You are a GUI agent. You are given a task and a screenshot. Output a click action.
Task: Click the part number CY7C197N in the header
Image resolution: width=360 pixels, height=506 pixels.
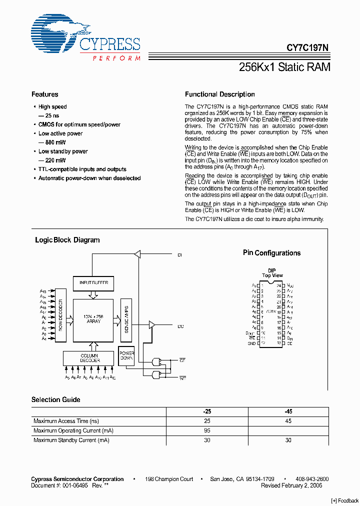click(x=307, y=48)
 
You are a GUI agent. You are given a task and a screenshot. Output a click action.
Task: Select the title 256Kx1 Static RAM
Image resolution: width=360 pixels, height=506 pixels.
click(x=284, y=67)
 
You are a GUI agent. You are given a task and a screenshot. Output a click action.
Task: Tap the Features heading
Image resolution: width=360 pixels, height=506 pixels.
click(x=44, y=94)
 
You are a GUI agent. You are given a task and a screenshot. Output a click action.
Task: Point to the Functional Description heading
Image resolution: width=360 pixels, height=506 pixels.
click(x=219, y=94)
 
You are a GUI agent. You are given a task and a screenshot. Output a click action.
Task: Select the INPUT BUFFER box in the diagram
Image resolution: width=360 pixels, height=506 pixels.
click(x=93, y=283)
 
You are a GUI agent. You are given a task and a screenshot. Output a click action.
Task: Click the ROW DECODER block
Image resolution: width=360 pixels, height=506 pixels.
click(x=60, y=315)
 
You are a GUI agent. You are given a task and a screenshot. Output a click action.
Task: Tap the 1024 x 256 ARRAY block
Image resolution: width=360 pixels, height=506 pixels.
click(x=93, y=318)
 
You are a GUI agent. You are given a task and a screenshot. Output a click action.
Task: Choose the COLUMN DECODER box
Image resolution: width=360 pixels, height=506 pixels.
click(x=89, y=358)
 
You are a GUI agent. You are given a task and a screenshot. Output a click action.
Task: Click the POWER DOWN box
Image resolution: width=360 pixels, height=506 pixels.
click(x=126, y=356)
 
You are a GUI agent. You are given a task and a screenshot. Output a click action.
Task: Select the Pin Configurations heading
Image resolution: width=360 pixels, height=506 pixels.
click(x=271, y=253)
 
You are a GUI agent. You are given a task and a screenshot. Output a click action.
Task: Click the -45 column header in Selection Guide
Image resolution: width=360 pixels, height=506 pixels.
click(x=288, y=411)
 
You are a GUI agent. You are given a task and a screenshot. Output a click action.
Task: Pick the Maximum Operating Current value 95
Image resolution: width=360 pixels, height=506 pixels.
click(x=206, y=430)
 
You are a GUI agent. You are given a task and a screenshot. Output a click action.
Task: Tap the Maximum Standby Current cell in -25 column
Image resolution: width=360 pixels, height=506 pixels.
click(x=206, y=440)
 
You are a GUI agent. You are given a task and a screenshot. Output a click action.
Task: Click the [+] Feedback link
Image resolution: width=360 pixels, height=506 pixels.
click(x=345, y=501)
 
